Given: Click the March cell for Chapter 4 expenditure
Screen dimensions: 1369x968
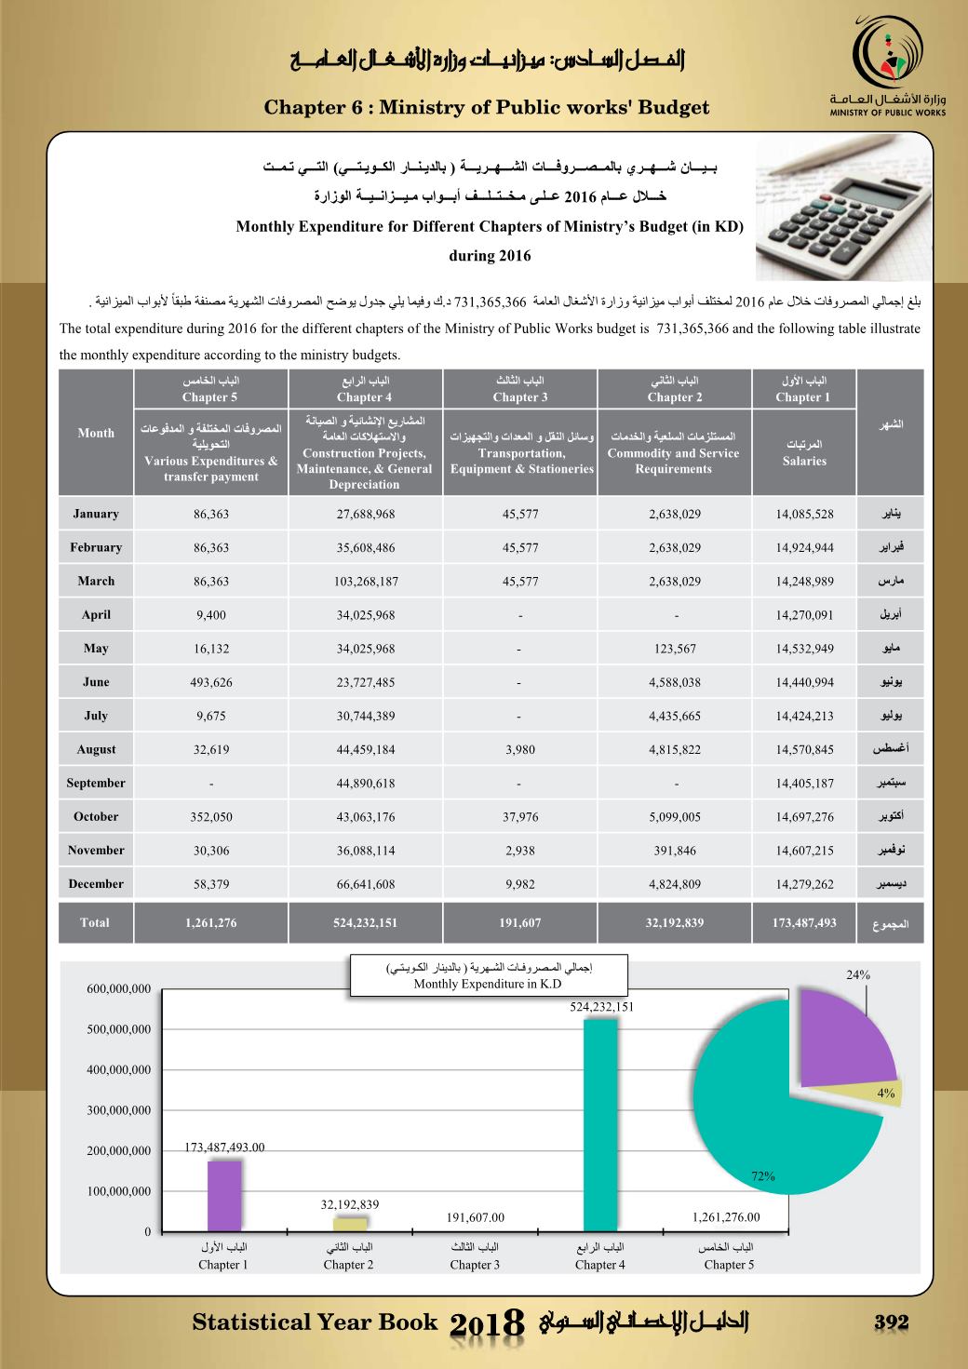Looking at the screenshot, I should click(367, 582).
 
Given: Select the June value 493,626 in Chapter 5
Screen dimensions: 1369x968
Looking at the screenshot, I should click(211, 682).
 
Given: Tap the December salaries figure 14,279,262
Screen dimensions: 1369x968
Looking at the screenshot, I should click(804, 884).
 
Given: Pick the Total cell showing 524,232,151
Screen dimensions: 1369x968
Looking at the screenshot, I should click(367, 923).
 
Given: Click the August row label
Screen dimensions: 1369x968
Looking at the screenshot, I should click(96, 749).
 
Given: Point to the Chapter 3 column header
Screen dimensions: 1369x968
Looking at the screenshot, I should click(520, 389).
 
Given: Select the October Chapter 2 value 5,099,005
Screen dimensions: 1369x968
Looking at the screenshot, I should click(675, 817).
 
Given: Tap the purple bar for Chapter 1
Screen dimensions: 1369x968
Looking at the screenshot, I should click(223, 1195).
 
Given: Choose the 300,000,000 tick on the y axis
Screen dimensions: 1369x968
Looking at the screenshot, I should click(119, 1110).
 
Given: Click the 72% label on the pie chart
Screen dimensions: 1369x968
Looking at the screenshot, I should click(763, 1176).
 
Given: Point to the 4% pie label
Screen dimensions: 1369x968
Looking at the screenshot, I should click(885, 1094).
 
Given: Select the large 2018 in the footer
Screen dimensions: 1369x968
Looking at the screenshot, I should click(489, 1325).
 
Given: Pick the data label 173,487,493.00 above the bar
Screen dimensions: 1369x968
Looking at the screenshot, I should click(224, 1147).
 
